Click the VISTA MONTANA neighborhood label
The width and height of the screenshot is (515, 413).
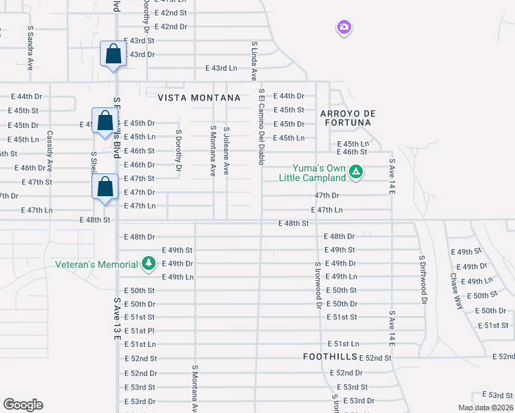pyautogui.click(x=199, y=98)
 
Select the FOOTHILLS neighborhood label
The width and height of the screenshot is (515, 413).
pyautogui.click(x=330, y=357)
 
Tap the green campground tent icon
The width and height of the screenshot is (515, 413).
pyautogui.click(x=355, y=172)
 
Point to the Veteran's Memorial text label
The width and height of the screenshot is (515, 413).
pyautogui.click(x=97, y=264)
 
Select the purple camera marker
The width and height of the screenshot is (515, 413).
pyautogui.click(x=344, y=28)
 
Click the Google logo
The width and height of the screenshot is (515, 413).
pyautogui.click(x=23, y=405)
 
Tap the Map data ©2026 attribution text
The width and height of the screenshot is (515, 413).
pyautogui.click(x=485, y=407)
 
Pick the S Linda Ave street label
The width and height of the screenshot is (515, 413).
pyautogui.click(x=253, y=61)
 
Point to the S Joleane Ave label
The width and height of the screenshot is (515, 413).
pyautogui.click(x=226, y=151)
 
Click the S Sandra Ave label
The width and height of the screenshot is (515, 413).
pyautogui.click(x=30, y=48)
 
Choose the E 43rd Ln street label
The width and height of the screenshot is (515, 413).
pyautogui.click(x=221, y=68)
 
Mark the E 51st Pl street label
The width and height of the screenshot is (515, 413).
pyautogui.click(x=139, y=330)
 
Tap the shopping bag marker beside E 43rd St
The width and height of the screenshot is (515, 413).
pyautogui.click(x=112, y=54)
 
